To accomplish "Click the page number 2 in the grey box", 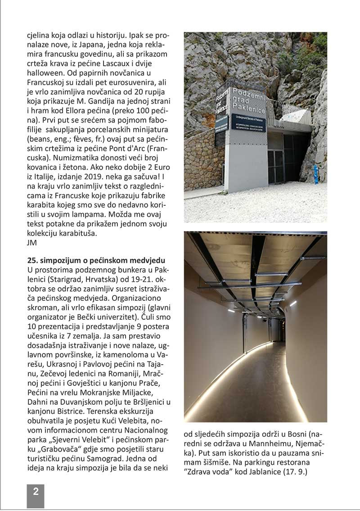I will coord(36,492).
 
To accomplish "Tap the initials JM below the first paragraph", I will coord(32,243).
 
